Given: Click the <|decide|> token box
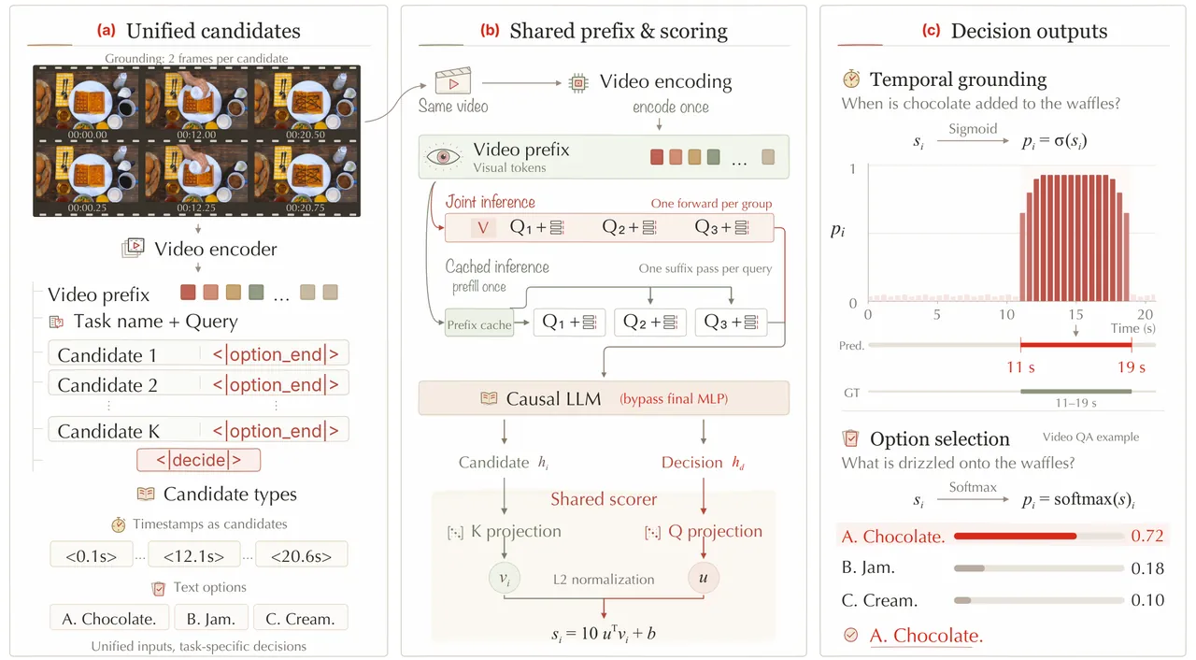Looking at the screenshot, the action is [199, 460].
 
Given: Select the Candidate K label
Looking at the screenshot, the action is [108, 431].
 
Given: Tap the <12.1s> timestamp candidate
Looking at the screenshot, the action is [193, 556].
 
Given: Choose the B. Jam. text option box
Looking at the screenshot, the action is [211, 618].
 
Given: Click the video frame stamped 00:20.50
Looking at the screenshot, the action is [306, 104].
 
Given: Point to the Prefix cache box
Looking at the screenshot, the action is [479, 324].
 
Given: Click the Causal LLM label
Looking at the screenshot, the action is [553, 398].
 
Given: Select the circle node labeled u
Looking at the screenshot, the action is [704, 578].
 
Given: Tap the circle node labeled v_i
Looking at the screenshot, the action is [504, 578].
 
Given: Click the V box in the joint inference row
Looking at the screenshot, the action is [483, 228].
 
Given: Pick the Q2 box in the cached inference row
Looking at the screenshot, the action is [649, 322].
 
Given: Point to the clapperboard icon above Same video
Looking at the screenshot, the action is [453, 81].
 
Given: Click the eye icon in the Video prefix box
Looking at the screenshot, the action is [443, 156].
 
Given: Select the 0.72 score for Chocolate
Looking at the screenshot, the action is [1146, 536].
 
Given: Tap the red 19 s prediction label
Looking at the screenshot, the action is [1132, 366].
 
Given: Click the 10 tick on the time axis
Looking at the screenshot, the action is [1006, 314].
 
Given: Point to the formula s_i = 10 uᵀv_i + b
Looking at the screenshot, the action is [604, 633].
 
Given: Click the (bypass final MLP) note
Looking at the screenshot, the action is [674, 399].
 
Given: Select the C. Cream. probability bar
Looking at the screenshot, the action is [1038, 600].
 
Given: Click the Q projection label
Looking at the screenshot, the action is [715, 531].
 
